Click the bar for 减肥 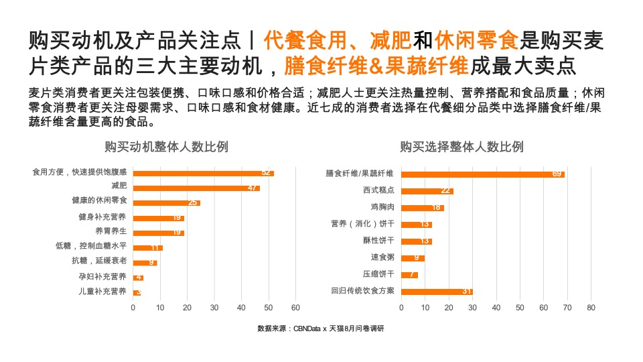click(196, 188)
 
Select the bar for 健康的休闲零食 click(166, 202)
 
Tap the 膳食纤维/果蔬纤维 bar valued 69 click(482, 174)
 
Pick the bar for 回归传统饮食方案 click(437, 292)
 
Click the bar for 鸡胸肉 click(422, 208)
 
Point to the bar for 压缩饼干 click(409, 275)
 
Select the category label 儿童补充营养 click(102, 292)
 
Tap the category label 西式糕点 click(378, 191)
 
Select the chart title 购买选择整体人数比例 click(461, 147)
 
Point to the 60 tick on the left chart click(295, 308)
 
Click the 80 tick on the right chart click(591, 308)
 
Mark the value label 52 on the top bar click(266, 173)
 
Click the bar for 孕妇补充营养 click(138, 277)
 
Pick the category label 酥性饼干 click(378, 241)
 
